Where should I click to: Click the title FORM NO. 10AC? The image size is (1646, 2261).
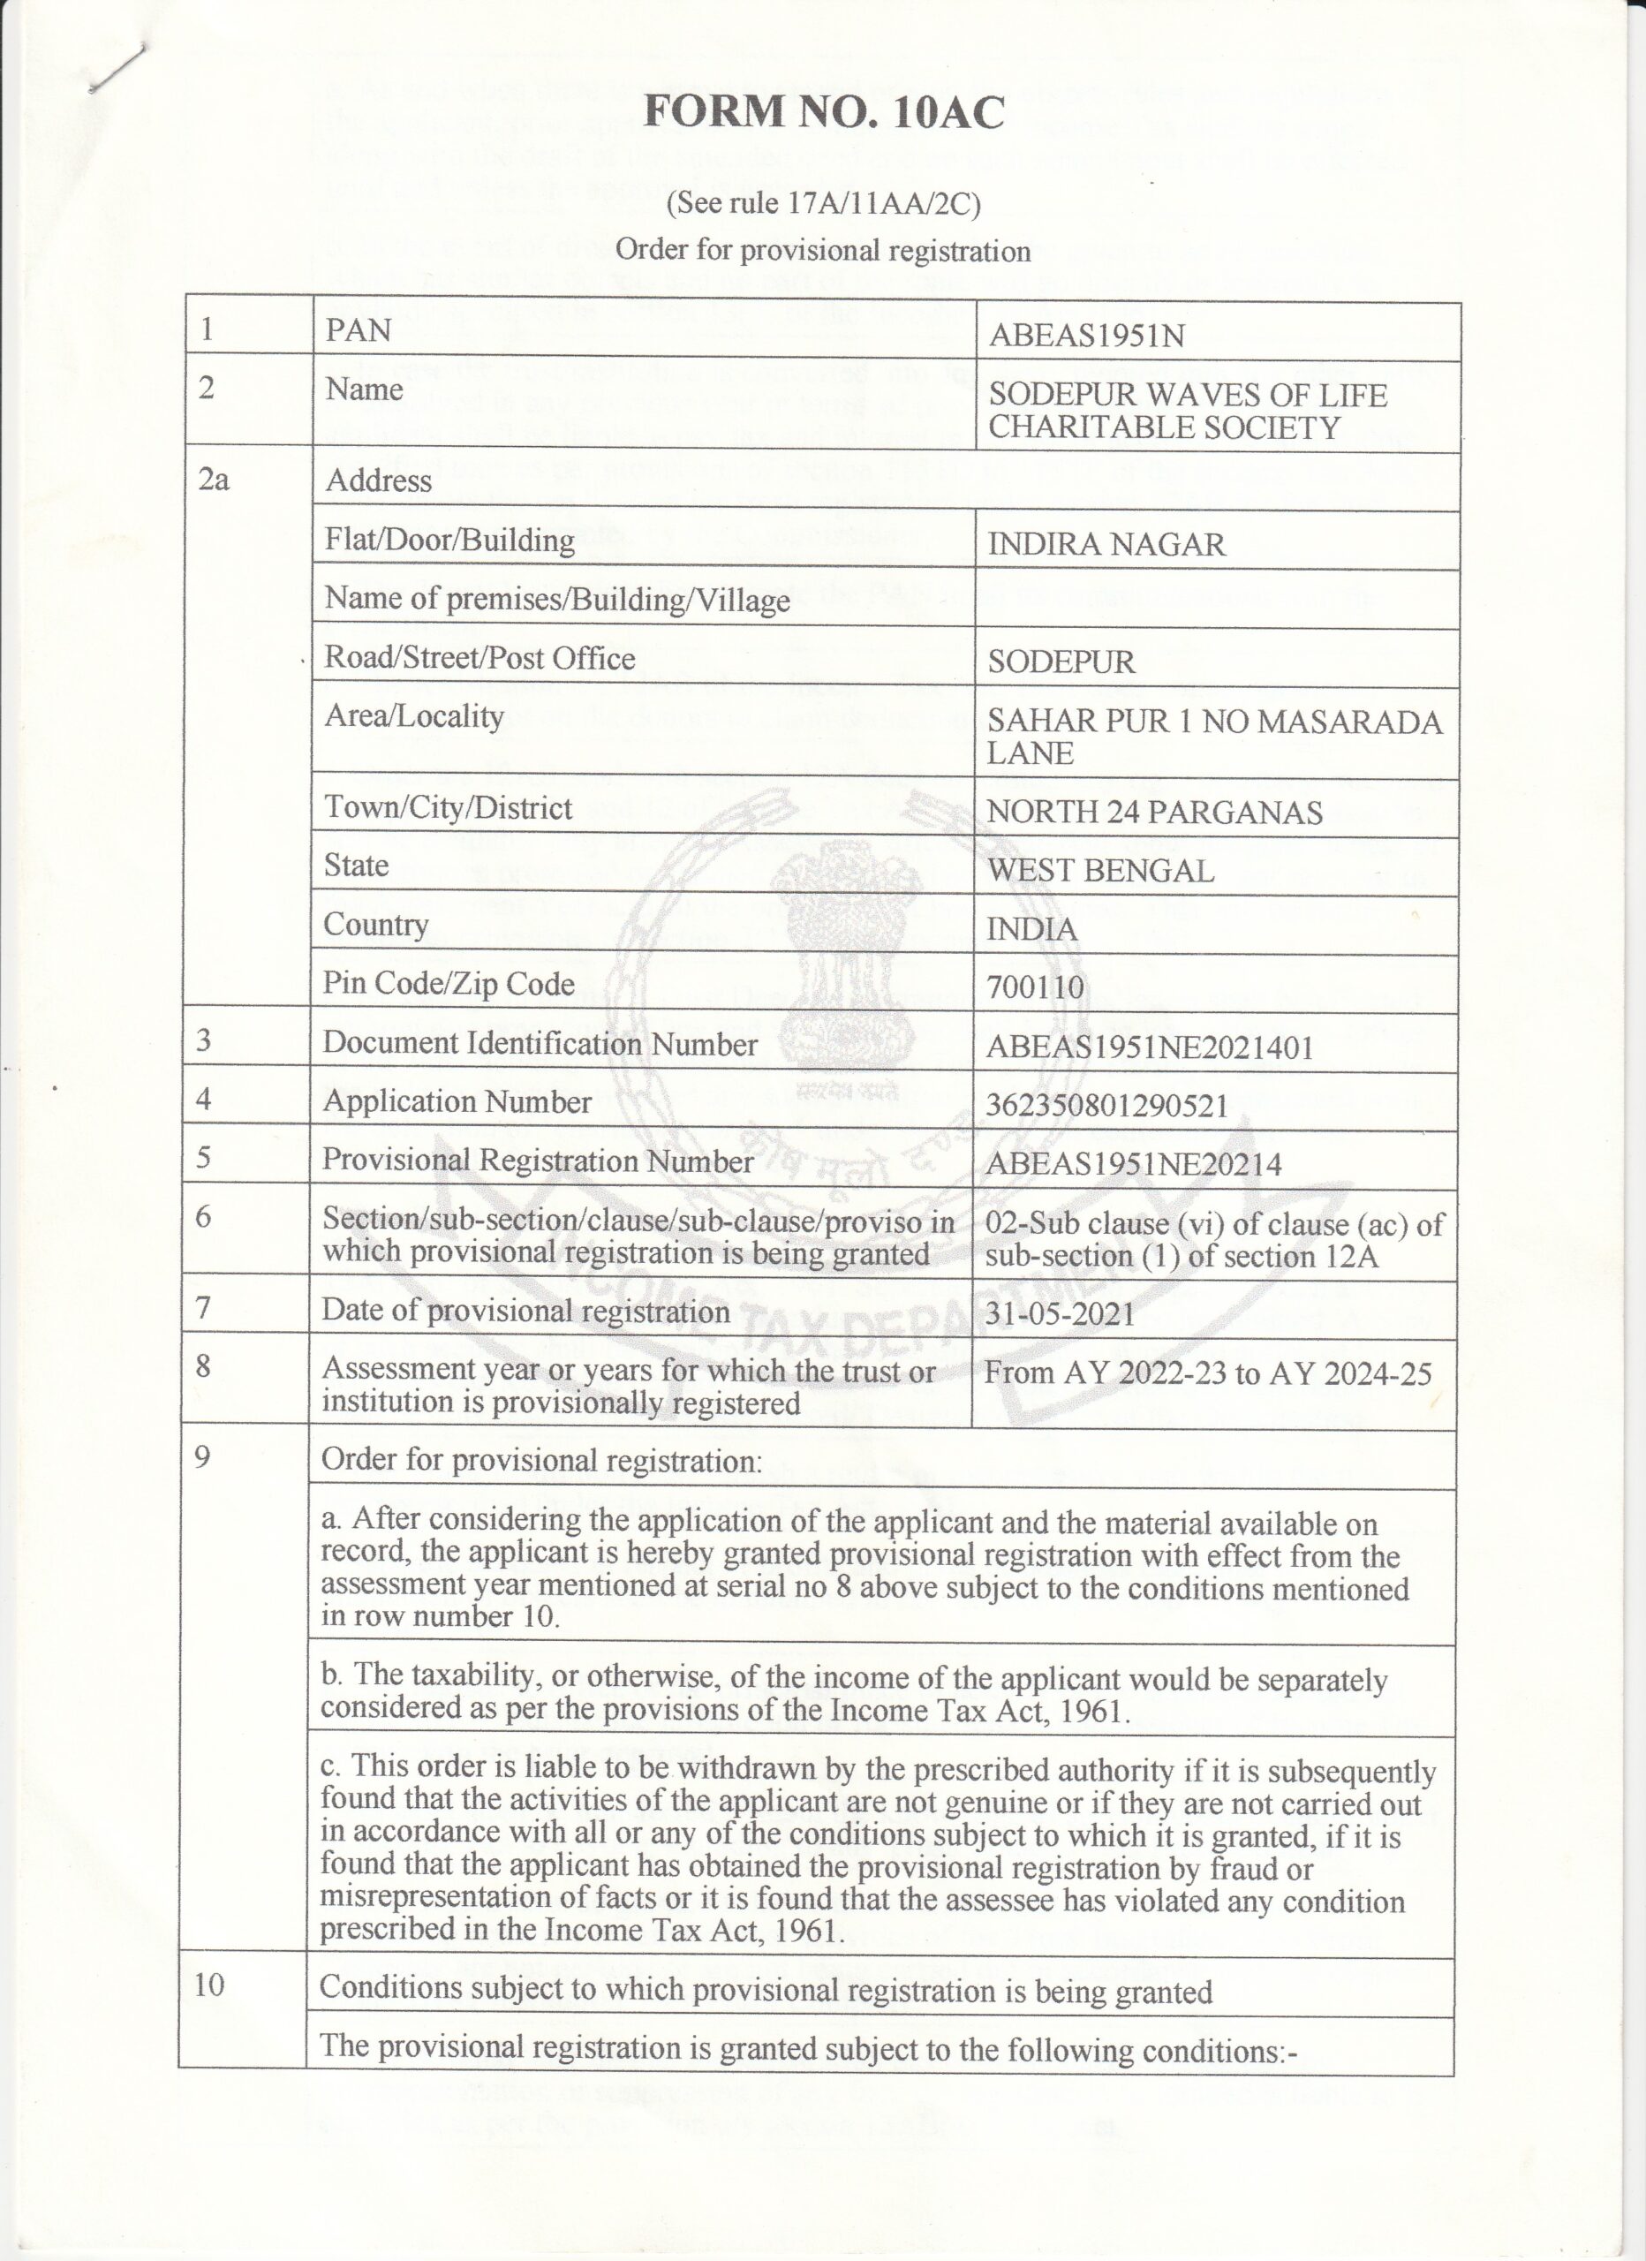[824, 111]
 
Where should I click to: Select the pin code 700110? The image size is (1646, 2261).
[1035, 987]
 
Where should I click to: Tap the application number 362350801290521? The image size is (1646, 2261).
[1106, 1106]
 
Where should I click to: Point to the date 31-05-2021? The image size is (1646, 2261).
[1060, 1313]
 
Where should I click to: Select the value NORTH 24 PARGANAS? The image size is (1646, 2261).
[1153, 812]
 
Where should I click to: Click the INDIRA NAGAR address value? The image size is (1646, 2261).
[1106, 544]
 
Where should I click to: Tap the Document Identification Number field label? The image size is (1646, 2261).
[540, 1044]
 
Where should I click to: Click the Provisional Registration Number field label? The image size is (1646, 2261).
[538, 1161]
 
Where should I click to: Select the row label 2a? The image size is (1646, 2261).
[214, 480]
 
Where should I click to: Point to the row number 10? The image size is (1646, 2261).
[209, 1984]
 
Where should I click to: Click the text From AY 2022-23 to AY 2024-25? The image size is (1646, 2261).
[1207, 1373]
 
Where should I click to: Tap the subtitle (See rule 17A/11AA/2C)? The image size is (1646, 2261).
[824, 203]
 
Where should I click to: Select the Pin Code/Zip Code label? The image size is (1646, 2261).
[449, 984]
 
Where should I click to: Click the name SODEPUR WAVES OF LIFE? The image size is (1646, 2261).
[1187, 395]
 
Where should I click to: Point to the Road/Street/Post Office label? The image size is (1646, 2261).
[479, 658]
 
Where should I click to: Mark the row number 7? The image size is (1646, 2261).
[203, 1306]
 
